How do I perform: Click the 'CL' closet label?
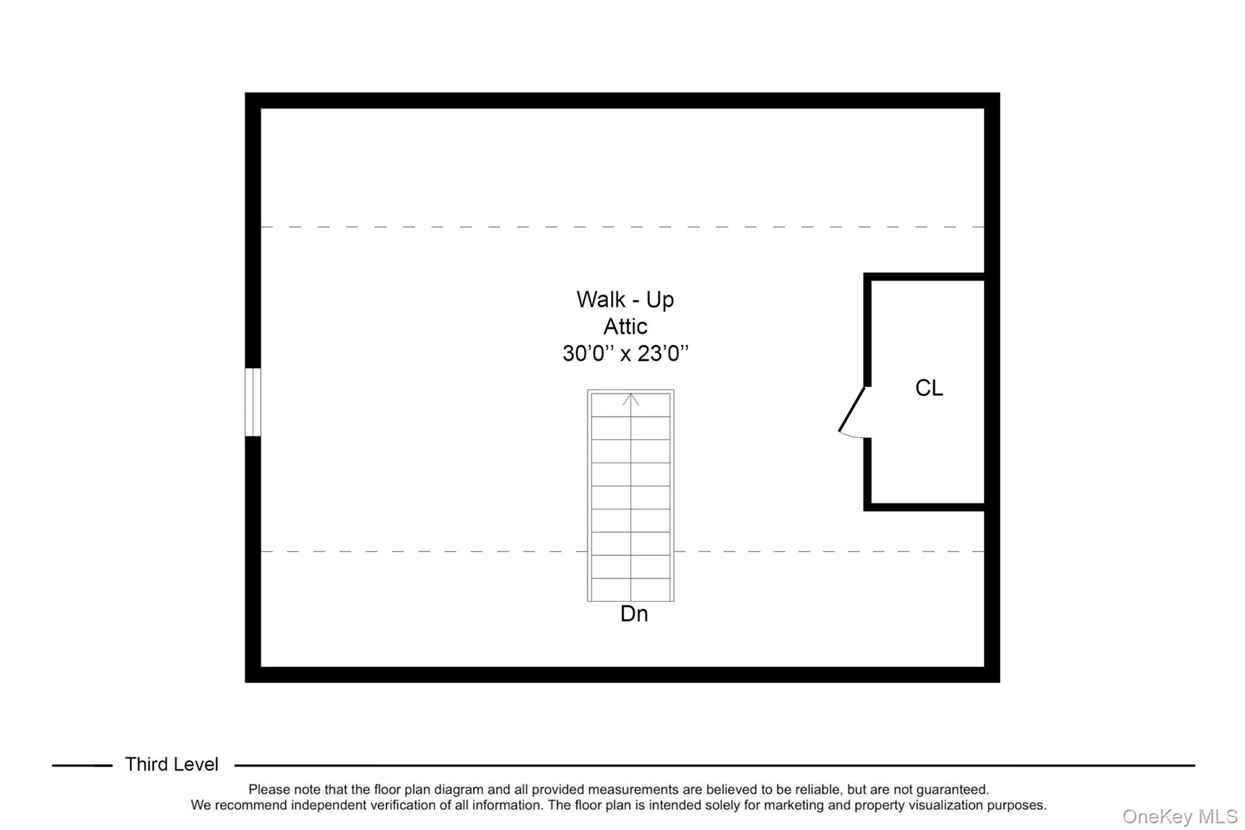(x=929, y=388)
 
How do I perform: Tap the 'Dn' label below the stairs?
(x=634, y=614)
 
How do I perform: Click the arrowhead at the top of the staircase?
(x=630, y=399)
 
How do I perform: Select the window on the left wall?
(x=253, y=402)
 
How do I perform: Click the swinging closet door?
(x=852, y=410)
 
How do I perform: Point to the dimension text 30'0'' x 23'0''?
(x=626, y=353)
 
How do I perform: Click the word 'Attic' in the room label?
(x=625, y=327)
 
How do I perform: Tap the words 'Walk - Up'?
(x=625, y=300)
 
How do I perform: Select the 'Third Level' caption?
(x=171, y=764)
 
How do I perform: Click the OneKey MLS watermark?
(x=1179, y=817)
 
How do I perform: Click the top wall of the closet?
(x=924, y=277)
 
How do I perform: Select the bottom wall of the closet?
(x=924, y=507)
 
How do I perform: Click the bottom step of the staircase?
(x=630, y=590)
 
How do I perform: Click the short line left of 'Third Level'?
(x=82, y=766)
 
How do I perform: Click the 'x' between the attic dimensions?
(x=626, y=354)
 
